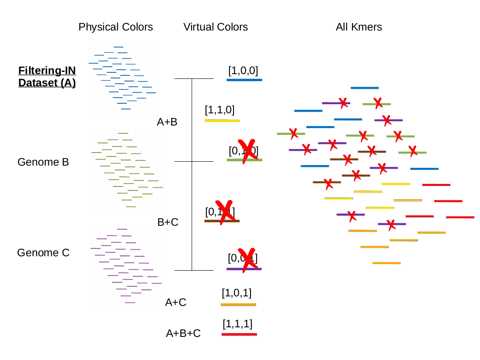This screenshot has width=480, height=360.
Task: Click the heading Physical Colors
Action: (116, 27)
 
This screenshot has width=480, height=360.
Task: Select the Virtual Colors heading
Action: (216, 27)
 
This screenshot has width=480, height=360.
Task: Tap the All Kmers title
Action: (359, 27)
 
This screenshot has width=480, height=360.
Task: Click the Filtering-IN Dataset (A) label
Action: (47, 77)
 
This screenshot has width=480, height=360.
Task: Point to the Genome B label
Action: (43, 162)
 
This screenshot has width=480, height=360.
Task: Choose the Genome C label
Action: (43, 253)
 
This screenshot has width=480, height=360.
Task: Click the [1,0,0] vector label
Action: (243, 71)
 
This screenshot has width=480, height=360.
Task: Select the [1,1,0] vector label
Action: (220, 110)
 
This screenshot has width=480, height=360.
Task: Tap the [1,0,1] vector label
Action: (237, 293)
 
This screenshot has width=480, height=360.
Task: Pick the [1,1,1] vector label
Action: (237, 324)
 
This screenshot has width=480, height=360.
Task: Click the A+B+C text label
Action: (183, 333)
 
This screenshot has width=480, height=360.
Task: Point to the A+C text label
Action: (176, 302)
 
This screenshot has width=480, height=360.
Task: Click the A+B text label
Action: (167, 122)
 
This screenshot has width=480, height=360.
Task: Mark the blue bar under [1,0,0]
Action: (244, 80)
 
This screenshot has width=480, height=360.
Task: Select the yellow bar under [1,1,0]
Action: (222, 120)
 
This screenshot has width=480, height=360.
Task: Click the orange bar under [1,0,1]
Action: (238, 304)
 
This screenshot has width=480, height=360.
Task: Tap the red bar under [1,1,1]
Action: (239, 334)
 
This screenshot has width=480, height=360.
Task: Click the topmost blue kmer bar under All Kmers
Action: (365, 88)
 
